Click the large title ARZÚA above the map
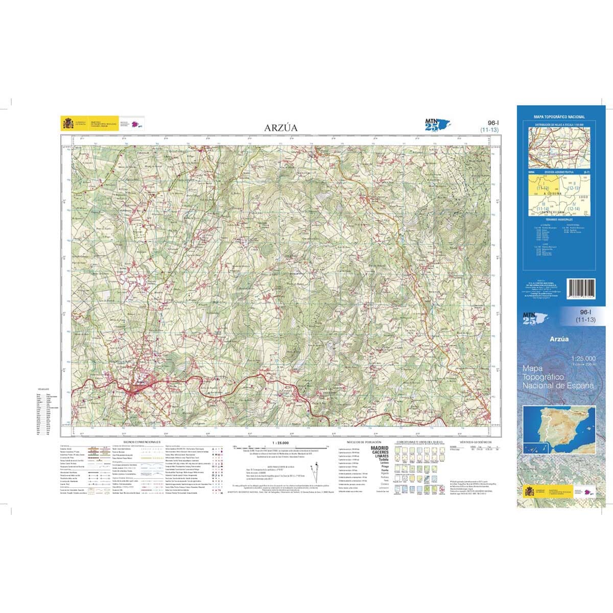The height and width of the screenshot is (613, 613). point(280,127)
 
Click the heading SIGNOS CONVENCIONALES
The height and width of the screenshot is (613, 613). point(142,441)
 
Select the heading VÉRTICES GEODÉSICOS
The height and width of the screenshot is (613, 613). point(475,441)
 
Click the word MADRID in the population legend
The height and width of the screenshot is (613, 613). point(380,448)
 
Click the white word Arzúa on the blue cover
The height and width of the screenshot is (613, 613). point(559,338)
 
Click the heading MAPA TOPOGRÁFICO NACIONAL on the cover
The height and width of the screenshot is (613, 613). point(559,117)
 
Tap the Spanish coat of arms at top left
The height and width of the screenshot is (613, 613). point(67,124)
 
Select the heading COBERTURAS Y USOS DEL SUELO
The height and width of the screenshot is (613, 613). point(419,441)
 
